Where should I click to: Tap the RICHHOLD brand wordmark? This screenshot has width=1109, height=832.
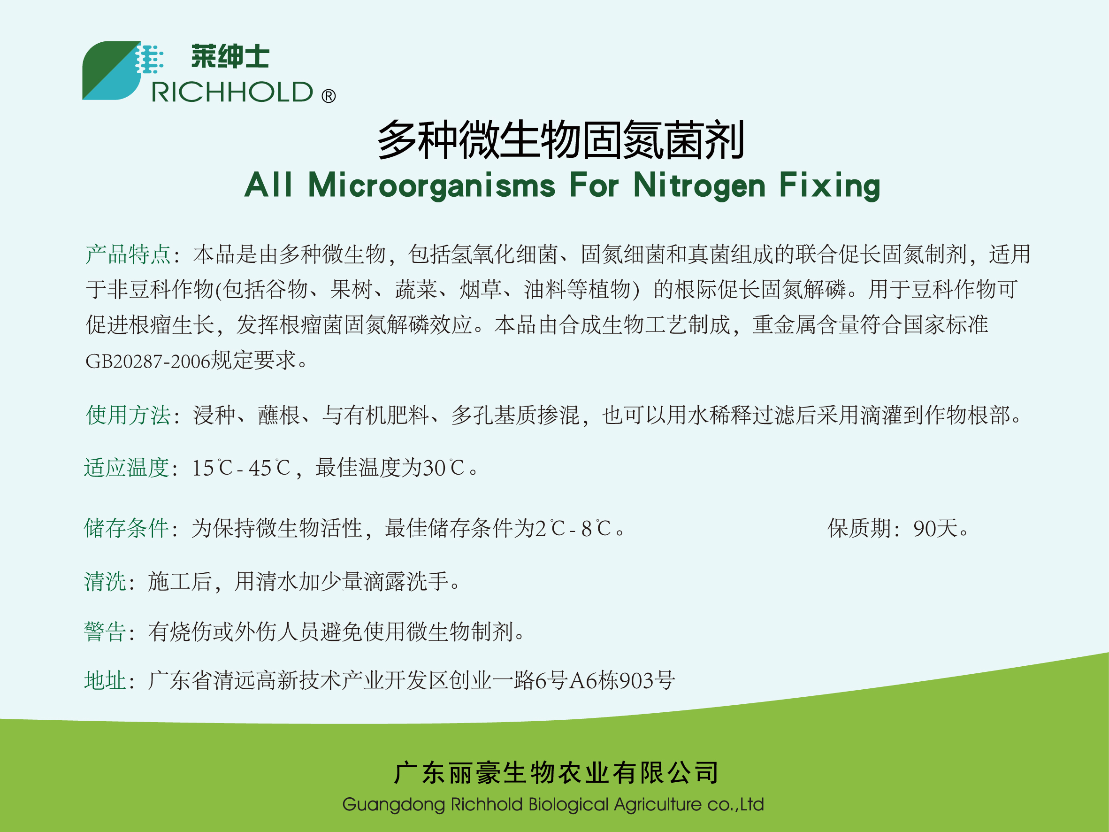pos(232,92)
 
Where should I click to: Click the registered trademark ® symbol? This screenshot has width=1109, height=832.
pos(329,96)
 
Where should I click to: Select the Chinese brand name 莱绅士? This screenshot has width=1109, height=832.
pos(230,56)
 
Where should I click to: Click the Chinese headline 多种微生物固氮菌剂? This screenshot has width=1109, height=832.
pos(560,140)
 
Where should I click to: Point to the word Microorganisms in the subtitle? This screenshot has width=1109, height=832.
pos(432,186)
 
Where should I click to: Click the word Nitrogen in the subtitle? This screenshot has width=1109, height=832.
pos(699,186)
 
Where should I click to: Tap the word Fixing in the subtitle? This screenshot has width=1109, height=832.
pos(830,186)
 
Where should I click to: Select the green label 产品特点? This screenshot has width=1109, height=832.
pos(128,254)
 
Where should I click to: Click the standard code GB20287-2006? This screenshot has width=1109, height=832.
pos(147,361)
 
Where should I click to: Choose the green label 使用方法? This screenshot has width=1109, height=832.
pos(128,415)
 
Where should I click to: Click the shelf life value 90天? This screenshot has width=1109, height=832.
pos(935,529)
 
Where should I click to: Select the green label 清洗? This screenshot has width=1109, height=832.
pos(105,582)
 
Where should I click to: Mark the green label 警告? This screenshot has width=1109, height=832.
pos(105,632)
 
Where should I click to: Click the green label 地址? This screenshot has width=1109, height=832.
pos(105,681)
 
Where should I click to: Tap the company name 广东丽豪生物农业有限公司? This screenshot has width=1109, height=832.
pos(557,773)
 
